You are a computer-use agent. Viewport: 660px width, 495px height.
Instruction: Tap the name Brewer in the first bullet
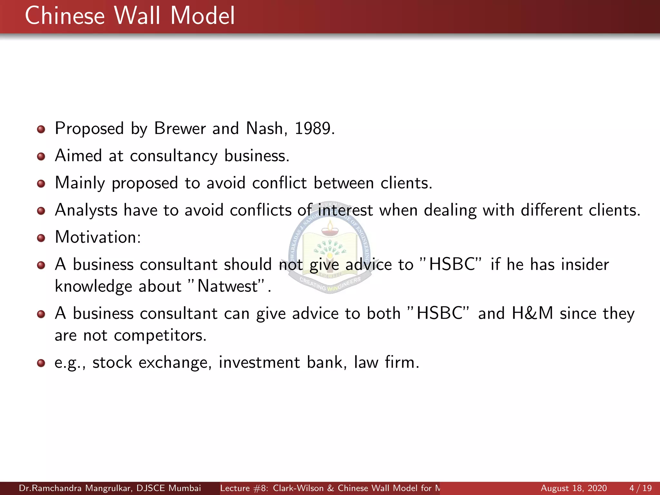[180, 129]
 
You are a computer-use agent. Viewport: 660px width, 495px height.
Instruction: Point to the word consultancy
[174, 156]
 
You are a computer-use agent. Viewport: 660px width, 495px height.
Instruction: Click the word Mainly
[80, 183]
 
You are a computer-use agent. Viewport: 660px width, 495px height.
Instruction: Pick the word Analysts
[86, 210]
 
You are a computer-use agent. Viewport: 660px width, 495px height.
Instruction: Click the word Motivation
[97, 238]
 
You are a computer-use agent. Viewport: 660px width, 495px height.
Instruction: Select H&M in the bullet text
[532, 313]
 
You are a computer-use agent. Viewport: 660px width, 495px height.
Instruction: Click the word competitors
[160, 335]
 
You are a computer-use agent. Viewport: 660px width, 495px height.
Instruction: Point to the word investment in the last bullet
[259, 363]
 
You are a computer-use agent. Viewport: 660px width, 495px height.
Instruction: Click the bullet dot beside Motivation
[41, 238]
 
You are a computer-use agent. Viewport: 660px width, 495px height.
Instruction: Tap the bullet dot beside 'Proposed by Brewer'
[41, 130]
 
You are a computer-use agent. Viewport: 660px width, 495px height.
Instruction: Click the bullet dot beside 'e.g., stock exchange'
[41, 363]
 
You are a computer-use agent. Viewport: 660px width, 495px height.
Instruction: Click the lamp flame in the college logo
[330, 224]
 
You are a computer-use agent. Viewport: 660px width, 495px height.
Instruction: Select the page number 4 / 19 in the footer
[640, 488]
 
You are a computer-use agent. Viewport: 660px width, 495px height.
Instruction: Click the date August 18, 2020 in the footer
[574, 488]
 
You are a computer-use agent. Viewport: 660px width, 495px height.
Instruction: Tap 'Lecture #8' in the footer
[243, 488]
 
